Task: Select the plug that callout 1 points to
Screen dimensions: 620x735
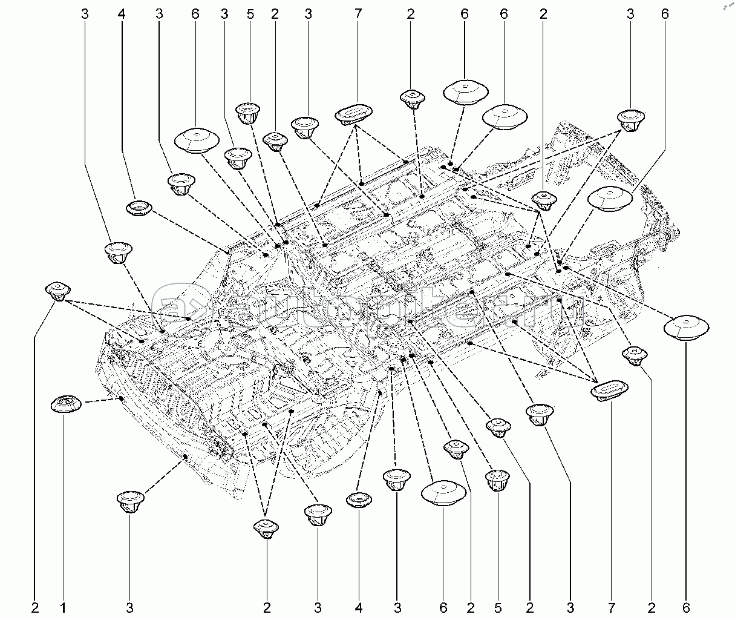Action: click(66, 403)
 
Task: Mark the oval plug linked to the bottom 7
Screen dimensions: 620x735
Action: click(609, 389)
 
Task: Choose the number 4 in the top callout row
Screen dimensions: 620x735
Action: click(122, 13)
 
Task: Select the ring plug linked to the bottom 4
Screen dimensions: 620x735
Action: click(359, 500)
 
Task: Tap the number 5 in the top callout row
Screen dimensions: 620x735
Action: click(250, 13)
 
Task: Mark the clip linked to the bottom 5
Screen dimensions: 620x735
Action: click(498, 480)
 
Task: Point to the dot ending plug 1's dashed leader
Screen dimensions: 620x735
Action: click(122, 398)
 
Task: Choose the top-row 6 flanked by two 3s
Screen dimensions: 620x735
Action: click(195, 13)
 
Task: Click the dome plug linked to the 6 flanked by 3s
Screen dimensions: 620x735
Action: click(197, 140)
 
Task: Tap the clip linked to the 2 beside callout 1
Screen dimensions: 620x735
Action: click(58, 291)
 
